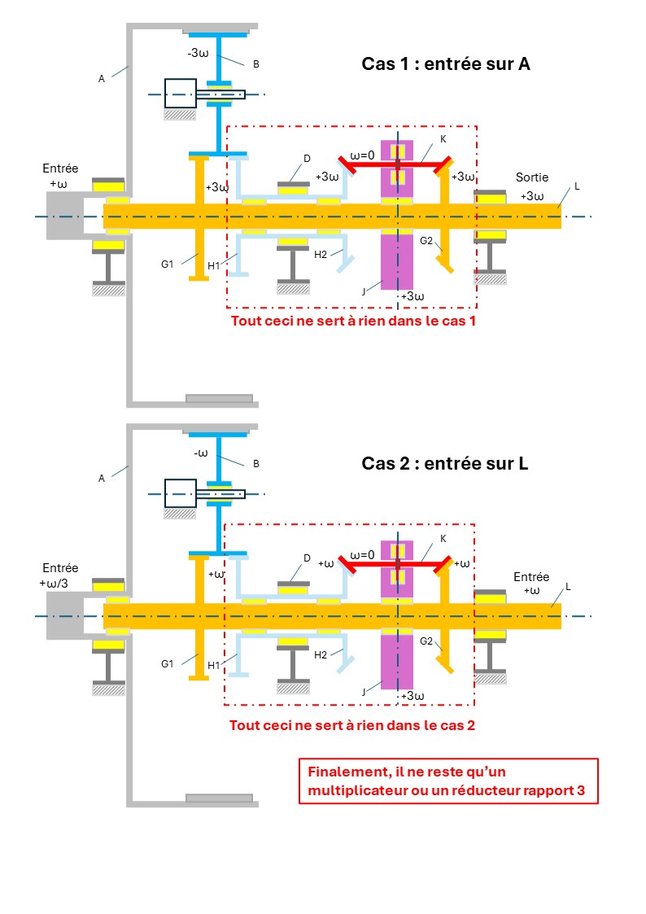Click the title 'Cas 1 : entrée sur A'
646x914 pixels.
tap(446, 63)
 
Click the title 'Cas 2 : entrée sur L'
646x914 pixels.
tap(444, 463)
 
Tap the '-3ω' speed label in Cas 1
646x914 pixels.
tap(198, 53)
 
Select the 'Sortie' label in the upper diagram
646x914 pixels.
tap(532, 177)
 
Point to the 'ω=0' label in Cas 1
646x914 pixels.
tap(362, 155)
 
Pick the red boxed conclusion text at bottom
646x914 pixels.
tap(447, 781)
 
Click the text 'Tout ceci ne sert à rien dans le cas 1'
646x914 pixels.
tap(353, 321)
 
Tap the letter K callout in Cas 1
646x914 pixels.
tap(443, 139)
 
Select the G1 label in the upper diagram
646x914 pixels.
tap(167, 265)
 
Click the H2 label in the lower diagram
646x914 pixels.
tap(321, 655)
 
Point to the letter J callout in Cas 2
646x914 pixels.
tap(364, 692)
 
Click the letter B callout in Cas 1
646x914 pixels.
tap(255, 64)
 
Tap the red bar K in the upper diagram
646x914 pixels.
tap(397, 165)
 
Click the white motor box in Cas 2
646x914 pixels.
tap(181, 494)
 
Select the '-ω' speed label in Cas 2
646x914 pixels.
tap(201, 453)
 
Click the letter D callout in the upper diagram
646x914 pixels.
tap(307, 159)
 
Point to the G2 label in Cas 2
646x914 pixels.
tap(426, 641)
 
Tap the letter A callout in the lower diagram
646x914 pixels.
tap(102, 479)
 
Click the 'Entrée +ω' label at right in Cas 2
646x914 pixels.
tap(531, 584)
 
